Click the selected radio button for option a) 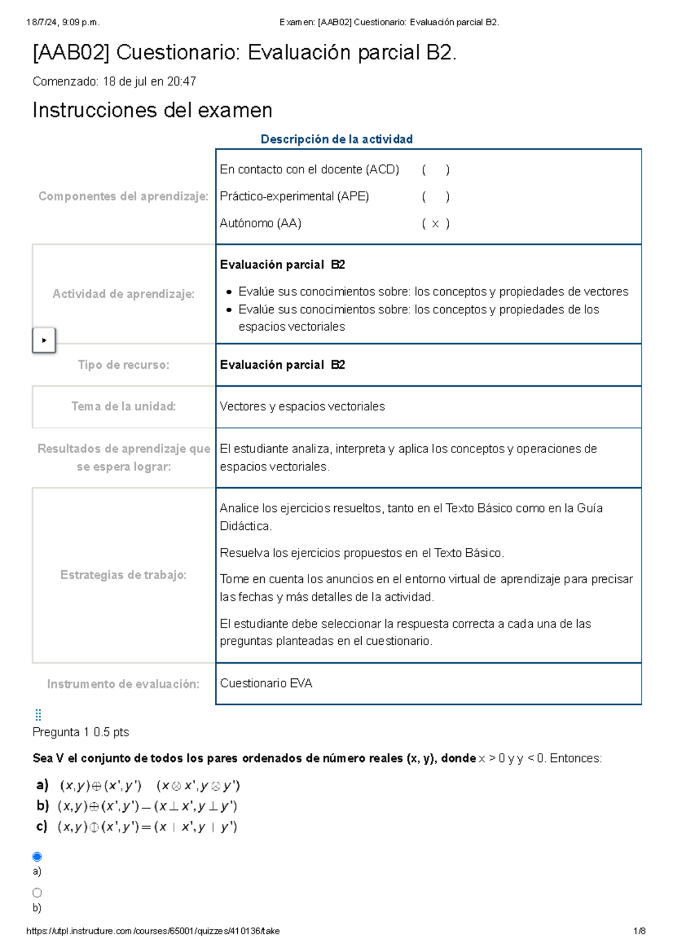point(37,856)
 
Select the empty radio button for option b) point(37,893)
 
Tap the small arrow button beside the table point(44,340)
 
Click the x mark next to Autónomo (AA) point(435,224)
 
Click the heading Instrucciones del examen point(152,110)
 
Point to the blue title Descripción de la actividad point(336,139)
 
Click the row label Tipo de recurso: point(123,365)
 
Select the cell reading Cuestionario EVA point(266,683)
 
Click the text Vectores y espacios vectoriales point(302,406)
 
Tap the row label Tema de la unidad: point(123,406)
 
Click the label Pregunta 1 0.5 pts point(81,732)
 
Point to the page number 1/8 point(639,931)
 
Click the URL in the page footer point(153,931)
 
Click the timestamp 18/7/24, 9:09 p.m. point(62,22)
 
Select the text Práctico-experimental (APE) point(294,197)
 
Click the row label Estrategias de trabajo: point(123,575)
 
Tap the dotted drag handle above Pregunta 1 point(38,715)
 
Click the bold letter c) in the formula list point(42,826)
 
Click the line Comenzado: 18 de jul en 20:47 point(114,82)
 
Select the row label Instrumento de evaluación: point(123,684)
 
